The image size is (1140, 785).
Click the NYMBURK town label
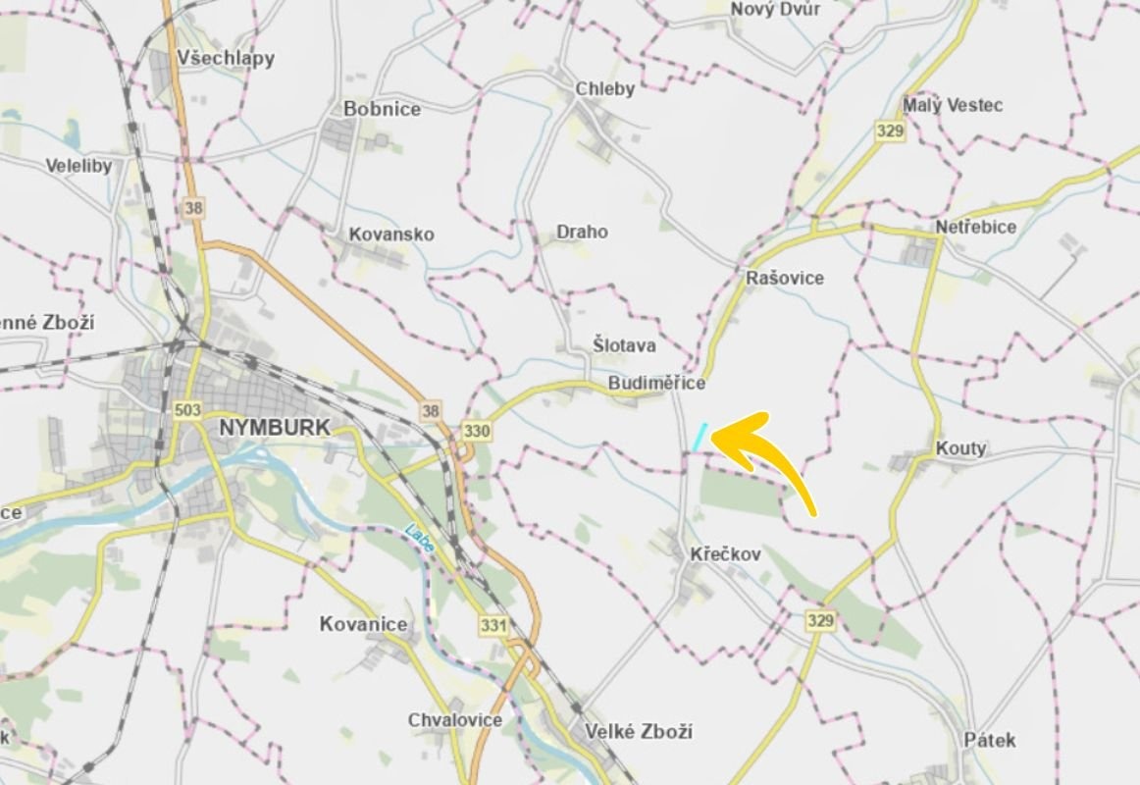click(x=275, y=428)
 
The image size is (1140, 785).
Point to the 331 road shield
click(x=492, y=624)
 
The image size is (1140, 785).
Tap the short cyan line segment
click(x=700, y=437)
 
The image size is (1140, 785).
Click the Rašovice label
click(x=785, y=278)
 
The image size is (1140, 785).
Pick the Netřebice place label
click(x=976, y=227)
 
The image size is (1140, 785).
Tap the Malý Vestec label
click(x=953, y=105)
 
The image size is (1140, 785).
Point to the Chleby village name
click(x=605, y=88)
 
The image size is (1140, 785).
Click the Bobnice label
click(x=382, y=109)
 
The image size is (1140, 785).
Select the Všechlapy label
click(x=226, y=58)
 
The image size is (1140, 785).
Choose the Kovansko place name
click(x=391, y=235)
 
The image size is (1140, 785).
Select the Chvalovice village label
click(x=455, y=719)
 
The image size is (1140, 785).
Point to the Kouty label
click(x=960, y=448)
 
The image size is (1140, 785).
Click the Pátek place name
click(x=989, y=740)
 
